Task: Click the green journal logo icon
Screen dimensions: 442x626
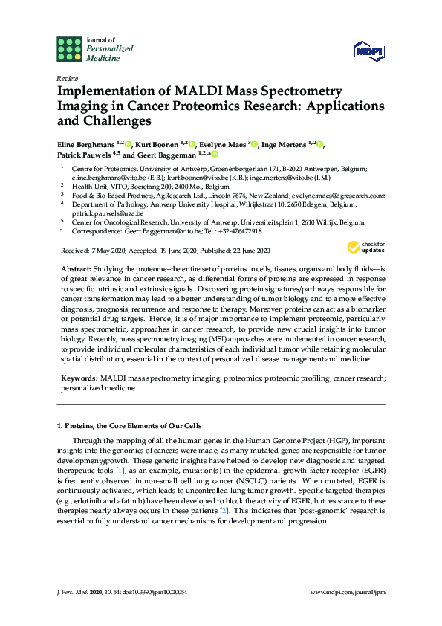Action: tap(69, 49)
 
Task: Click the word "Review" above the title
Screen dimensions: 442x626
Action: tap(67, 78)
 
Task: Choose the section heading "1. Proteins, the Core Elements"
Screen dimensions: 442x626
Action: tap(129, 425)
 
